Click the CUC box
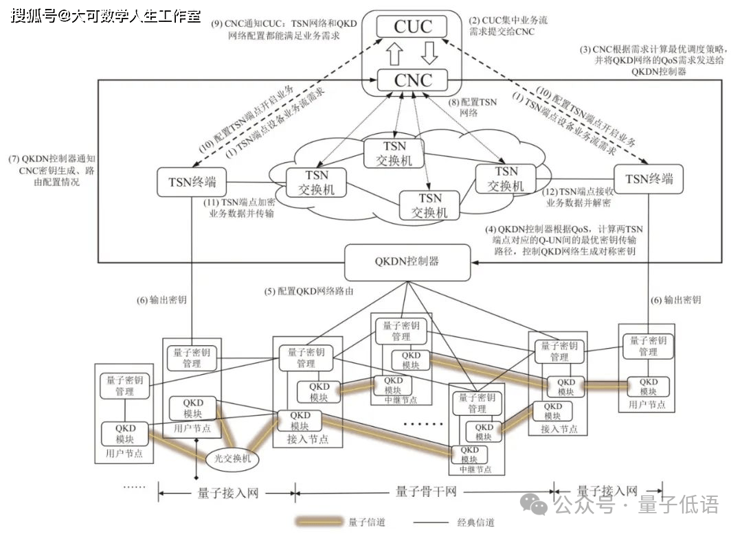(x=413, y=27)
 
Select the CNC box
(x=413, y=80)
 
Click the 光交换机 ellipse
(x=229, y=458)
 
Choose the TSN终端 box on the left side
(x=192, y=182)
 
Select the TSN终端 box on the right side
(x=649, y=180)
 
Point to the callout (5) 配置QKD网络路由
(x=309, y=291)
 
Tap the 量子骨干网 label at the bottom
(x=426, y=491)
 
